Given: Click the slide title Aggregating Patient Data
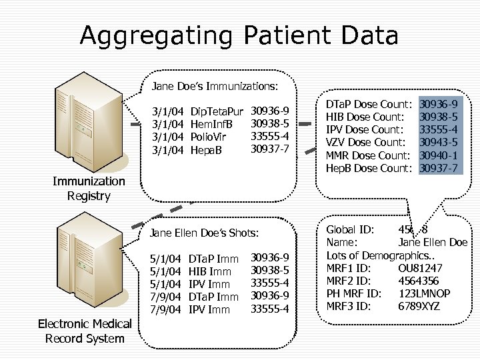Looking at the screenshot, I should pyautogui.click(x=239, y=35).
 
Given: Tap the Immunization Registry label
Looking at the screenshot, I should pyautogui.click(x=89, y=188).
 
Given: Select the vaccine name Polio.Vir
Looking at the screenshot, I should pyautogui.click(x=209, y=137).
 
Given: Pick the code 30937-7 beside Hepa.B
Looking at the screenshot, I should pyautogui.click(x=269, y=148).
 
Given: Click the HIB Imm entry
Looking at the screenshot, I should pyautogui.click(x=210, y=271).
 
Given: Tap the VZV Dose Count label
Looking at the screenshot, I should pyautogui.click(x=365, y=142).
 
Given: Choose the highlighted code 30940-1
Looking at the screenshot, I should pyautogui.click(x=438, y=155).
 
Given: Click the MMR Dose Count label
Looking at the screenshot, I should pyautogui.click(x=367, y=155).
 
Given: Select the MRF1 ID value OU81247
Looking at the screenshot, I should pyautogui.click(x=420, y=268).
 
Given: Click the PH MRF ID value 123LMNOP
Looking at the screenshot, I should pyautogui.click(x=424, y=293).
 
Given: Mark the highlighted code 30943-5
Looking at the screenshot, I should pyautogui.click(x=438, y=142).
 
